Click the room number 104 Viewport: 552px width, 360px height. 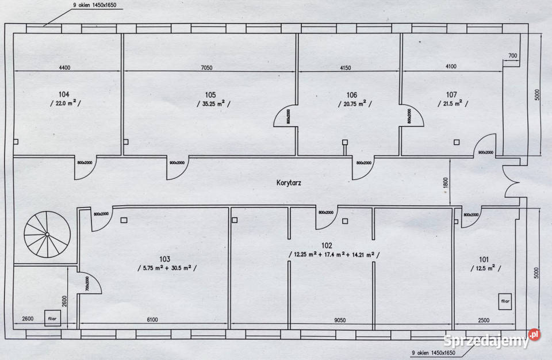click(x=64, y=94)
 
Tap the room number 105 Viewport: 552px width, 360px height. click(x=210, y=94)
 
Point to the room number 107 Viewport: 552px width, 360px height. click(x=451, y=94)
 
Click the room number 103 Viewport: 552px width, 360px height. click(x=166, y=259)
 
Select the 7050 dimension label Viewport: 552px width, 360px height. click(x=207, y=67)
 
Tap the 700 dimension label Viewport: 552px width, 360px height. click(x=513, y=56)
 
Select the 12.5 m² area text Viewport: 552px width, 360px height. click(x=485, y=269)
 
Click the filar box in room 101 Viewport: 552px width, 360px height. click(x=505, y=301)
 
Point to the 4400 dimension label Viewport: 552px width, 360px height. click(x=64, y=67)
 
